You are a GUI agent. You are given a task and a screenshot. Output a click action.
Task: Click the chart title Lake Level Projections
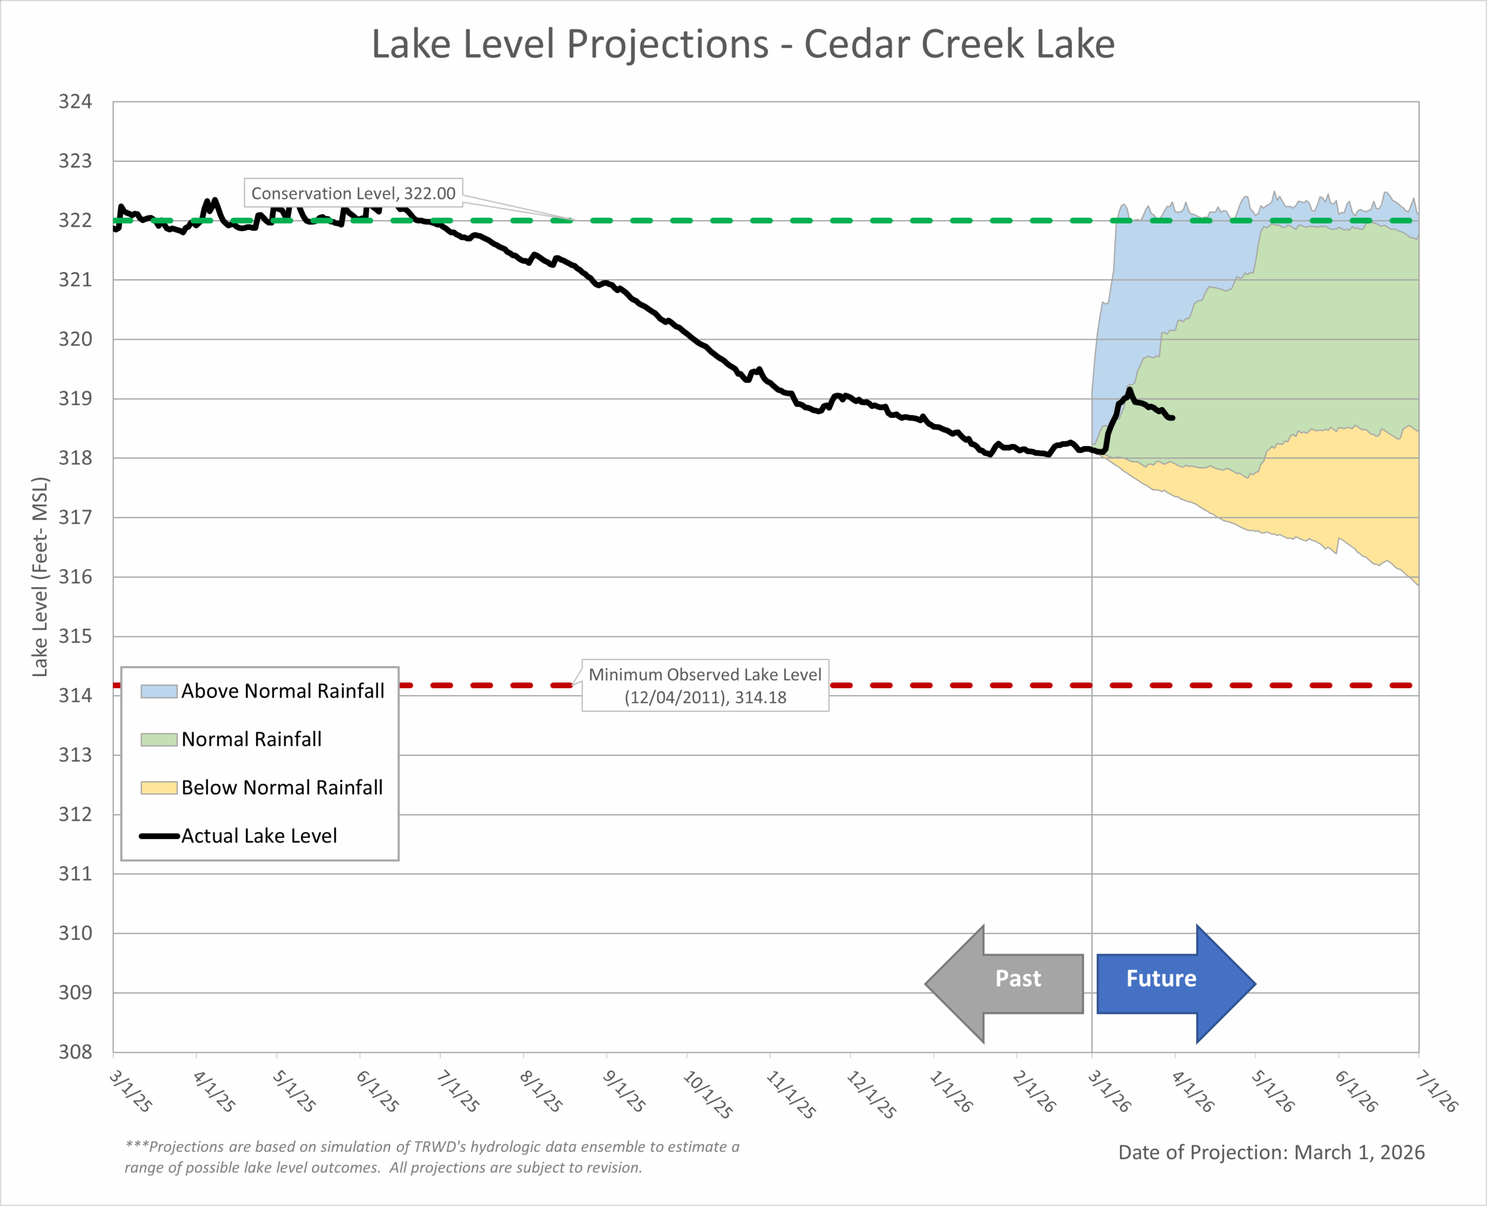pos(743,45)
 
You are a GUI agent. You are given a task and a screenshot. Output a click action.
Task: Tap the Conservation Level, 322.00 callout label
pos(353,193)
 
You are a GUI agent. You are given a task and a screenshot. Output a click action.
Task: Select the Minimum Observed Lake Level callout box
pos(705,686)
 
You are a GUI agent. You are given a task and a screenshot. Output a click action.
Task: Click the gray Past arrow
pos(1005,983)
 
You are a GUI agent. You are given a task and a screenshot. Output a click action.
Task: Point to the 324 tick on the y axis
pos(75,102)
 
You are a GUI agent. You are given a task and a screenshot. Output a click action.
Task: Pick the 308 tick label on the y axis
pos(75,1052)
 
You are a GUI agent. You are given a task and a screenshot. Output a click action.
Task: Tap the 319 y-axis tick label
pos(75,399)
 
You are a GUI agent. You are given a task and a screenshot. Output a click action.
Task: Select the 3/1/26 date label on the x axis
pos(1109,1090)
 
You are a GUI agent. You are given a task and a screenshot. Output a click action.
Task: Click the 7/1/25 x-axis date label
pos(458,1090)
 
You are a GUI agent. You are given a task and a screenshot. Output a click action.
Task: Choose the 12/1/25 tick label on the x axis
pos(871,1094)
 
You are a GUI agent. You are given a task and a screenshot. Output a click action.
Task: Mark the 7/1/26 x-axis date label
pos(1436,1090)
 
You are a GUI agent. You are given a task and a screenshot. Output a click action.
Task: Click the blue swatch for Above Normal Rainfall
pos(159,691)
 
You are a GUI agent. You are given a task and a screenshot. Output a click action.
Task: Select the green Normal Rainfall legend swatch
pos(159,740)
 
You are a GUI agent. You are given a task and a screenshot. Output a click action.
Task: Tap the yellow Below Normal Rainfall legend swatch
pos(159,788)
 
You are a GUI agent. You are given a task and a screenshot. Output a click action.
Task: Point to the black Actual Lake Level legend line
pos(159,836)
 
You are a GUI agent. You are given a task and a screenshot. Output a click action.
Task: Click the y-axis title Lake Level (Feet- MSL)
pos(40,577)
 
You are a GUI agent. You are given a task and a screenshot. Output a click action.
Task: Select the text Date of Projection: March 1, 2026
pos(1271,1153)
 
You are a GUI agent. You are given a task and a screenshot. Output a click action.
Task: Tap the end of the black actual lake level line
pos(1173,418)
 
